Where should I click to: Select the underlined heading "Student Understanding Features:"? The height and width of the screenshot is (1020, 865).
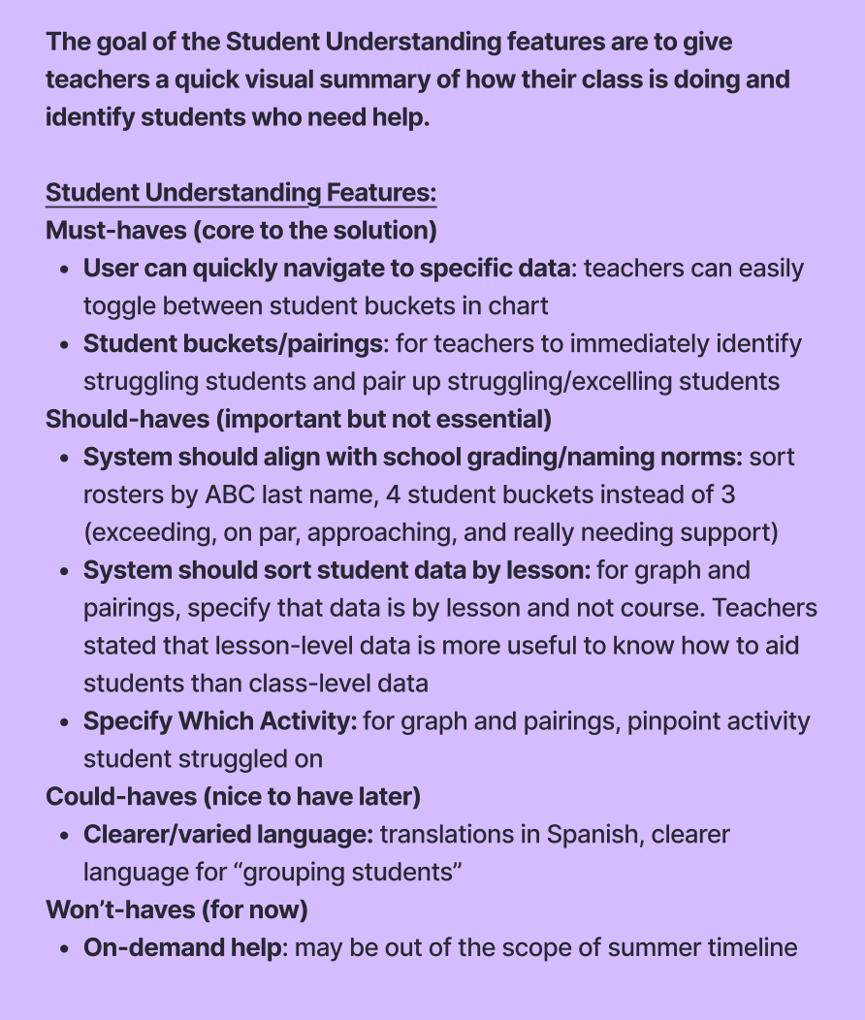pyautogui.click(x=240, y=193)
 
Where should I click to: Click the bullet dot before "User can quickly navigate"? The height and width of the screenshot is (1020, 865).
pyautogui.click(x=64, y=269)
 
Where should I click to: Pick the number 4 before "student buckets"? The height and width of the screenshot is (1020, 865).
pyautogui.click(x=393, y=494)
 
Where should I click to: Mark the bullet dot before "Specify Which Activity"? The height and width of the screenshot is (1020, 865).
pyautogui.click(x=64, y=721)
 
